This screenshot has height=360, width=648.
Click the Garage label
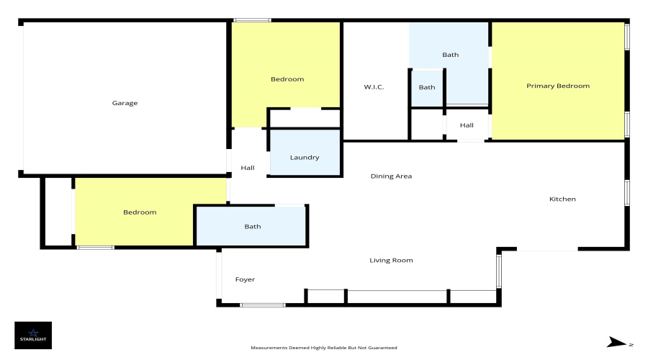(x=125, y=103)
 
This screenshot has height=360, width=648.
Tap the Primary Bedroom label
(x=557, y=86)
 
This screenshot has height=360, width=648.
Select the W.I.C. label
(x=374, y=87)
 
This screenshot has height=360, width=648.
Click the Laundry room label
(x=304, y=158)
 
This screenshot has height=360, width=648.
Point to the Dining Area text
(x=391, y=176)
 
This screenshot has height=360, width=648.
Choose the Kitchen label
(x=562, y=199)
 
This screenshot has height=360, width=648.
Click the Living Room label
(x=391, y=260)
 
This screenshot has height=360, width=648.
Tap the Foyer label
(x=245, y=279)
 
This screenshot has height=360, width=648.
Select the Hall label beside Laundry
(x=248, y=168)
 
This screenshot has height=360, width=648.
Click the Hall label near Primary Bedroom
(x=467, y=125)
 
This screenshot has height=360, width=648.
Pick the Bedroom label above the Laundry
(x=287, y=79)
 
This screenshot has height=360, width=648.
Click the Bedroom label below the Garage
(x=140, y=212)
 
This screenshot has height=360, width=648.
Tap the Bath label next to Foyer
(x=252, y=227)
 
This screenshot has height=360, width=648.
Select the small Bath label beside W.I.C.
(x=427, y=87)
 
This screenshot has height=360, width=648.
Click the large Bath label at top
(x=450, y=55)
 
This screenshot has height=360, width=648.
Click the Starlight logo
(x=33, y=335)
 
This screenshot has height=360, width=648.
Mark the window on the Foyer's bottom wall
(x=262, y=305)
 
